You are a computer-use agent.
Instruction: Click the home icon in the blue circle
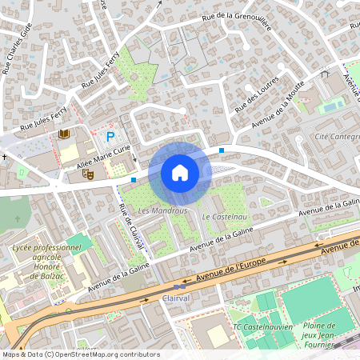tap(180, 172)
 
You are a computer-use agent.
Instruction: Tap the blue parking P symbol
tap(111, 137)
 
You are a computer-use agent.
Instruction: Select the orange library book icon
tap(64, 134)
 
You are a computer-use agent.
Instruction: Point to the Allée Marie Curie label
tap(103, 156)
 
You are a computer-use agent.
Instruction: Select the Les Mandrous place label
tap(162, 210)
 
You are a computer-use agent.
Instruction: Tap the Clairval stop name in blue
tap(176, 298)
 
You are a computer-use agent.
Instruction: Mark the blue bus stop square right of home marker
tap(221, 150)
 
